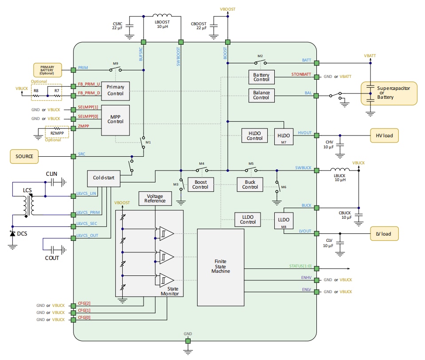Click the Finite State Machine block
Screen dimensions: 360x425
(x=221, y=267)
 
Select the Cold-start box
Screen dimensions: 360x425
(x=104, y=178)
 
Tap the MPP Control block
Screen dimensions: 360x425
(x=116, y=120)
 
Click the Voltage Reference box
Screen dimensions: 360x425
(x=155, y=198)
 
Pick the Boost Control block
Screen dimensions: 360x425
(x=200, y=184)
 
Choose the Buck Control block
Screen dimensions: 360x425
(x=250, y=184)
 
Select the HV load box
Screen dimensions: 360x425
(x=384, y=135)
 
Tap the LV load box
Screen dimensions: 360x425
(x=384, y=233)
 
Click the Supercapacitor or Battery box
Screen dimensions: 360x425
(x=389, y=93)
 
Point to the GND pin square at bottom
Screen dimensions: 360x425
(x=188, y=341)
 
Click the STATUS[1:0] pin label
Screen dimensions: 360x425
(x=300, y=266)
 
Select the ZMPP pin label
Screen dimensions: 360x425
(x=83, y=126)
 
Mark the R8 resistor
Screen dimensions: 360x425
(x=36, y=91)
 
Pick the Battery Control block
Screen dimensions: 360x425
(x=261, y=77)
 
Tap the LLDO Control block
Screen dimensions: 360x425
(x=248, y=219)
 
